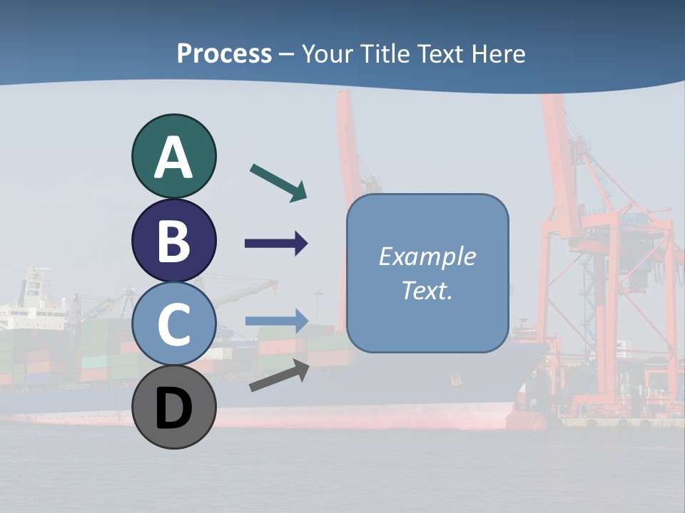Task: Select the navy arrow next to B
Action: click(276, 244)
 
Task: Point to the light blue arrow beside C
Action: click(276, 321)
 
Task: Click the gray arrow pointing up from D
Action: click(279, 375)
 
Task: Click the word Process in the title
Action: click(224, 54)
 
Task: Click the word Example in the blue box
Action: click(427, 256)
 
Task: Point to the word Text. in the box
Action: click(427, 291)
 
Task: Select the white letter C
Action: click(174, 324)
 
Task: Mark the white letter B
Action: click(174, 241)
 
